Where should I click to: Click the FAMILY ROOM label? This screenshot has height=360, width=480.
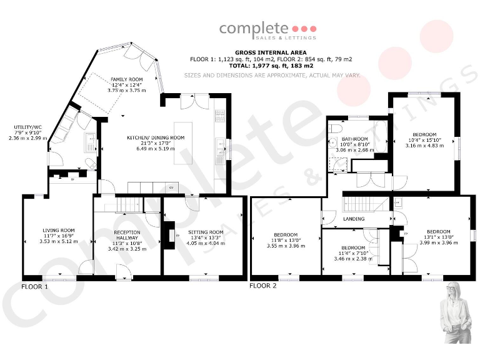127,80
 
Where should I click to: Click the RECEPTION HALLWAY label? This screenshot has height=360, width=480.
127,235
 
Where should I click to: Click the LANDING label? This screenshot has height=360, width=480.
354,219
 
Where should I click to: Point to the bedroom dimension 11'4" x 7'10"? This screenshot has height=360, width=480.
353,252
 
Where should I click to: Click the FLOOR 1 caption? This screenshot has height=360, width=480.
34,287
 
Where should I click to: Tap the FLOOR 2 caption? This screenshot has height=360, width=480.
262,286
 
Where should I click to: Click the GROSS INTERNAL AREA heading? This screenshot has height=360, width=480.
271,53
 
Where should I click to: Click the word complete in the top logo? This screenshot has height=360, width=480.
253,29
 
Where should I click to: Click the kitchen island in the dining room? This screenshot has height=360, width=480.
183,143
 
